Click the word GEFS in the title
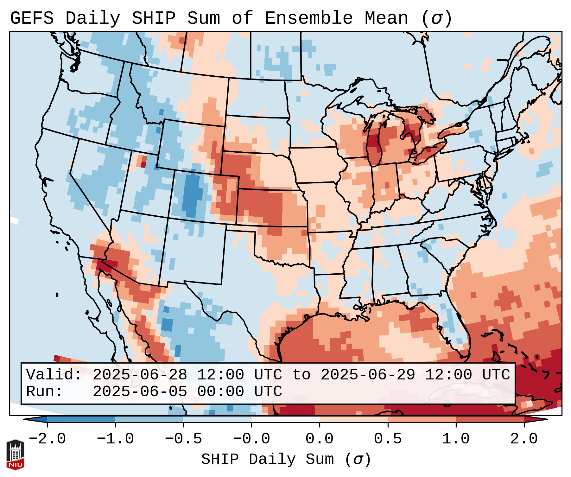[32, 18]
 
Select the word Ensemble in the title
[308, 18]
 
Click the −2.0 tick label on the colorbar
[47, 439]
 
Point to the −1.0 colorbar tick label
[115, 439]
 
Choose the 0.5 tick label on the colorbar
[388, 439]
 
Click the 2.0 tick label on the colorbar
[524, 439]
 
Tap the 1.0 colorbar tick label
[456, 439]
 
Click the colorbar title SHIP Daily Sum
[268, 459]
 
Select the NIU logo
[15, 454]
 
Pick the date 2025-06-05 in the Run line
[140, 391]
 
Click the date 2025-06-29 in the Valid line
[368, 375]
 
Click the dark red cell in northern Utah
[143, 164]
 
